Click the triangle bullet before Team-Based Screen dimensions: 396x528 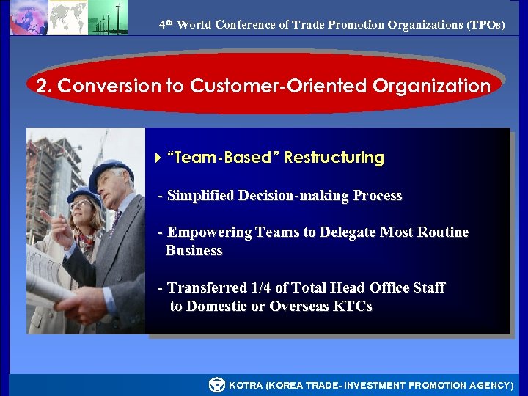[x=159, y=158]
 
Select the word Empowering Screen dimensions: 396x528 [x=210, y=232]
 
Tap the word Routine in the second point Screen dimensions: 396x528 [x=443, y=232]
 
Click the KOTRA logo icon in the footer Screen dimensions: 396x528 [x=216, y=384]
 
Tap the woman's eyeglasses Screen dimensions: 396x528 [x=81, y=205]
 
